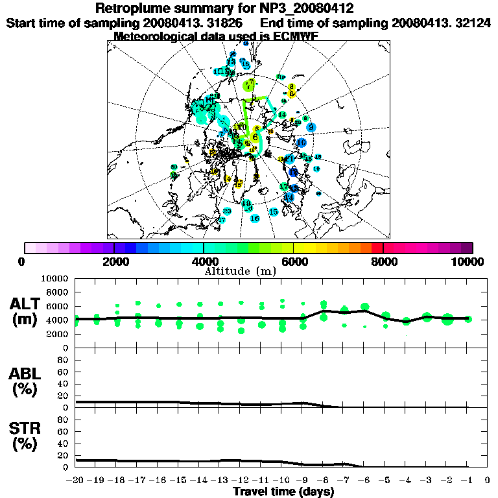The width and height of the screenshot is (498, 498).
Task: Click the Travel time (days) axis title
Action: tap(283, 492)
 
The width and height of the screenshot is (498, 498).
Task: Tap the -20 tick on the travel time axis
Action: tap(76, 480)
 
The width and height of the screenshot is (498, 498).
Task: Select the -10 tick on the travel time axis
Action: tap(281, 480)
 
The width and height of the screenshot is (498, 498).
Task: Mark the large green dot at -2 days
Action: tap(447, 318)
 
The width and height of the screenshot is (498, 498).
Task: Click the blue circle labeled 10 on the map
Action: tap(302, 143)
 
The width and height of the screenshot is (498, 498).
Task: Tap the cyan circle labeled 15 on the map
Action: tap(274, 212)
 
